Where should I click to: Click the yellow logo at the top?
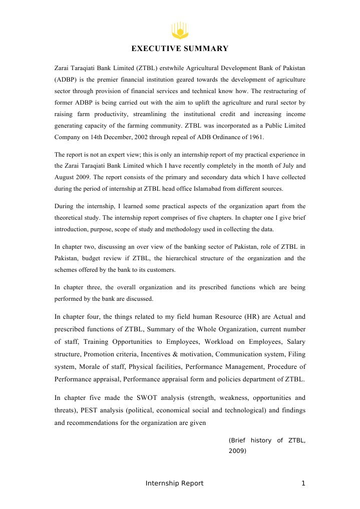180,30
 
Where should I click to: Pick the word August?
66,177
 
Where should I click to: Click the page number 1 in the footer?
303,483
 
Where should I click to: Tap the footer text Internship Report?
174,483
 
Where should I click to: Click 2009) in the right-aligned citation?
237,451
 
